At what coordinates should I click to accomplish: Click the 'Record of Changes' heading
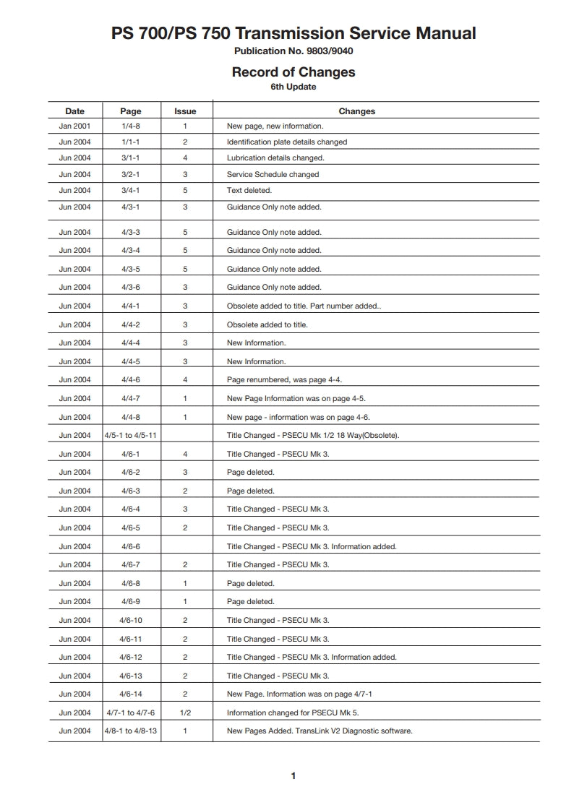[293, 72]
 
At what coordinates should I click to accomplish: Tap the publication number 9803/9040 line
[293, 51]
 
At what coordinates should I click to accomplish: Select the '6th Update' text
[293, 87]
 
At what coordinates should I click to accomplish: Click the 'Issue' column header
[185, 111]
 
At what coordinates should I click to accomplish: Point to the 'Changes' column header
[356, 111]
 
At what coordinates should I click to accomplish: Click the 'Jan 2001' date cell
[74, 126]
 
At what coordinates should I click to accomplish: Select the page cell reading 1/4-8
[131, 126]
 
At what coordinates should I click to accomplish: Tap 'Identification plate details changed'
[287, 142]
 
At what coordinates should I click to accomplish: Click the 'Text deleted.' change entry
[249, 191]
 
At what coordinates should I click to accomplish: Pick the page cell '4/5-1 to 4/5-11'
[131, 436]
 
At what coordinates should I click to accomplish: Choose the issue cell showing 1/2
[185, 713]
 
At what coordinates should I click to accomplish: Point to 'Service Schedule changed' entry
[273, 175]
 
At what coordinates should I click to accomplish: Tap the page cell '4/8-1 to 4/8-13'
[131, 731]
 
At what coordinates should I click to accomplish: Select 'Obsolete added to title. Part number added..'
[304, 306]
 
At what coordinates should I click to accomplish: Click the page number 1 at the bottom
[293, 776]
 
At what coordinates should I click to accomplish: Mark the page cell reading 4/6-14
[131, 694]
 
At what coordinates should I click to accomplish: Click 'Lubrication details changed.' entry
[275, 158]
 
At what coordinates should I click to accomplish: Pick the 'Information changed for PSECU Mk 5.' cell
[293, 713]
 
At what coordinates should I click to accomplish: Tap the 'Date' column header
[74, 111]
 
